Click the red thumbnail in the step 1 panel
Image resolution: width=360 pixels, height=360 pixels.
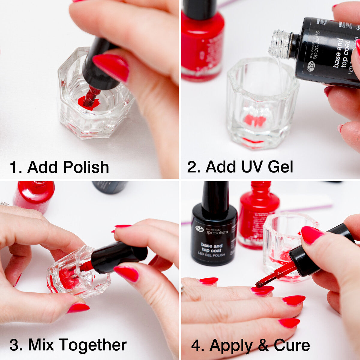(x=111, y=67)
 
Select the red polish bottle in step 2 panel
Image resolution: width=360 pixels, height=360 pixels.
(x=202, y=42)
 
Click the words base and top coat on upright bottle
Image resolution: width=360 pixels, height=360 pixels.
(x=211, y=248)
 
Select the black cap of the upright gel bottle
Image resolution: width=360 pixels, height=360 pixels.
(x=215, y=196)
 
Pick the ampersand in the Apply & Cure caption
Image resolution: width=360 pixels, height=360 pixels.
(x=263, y=345)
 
